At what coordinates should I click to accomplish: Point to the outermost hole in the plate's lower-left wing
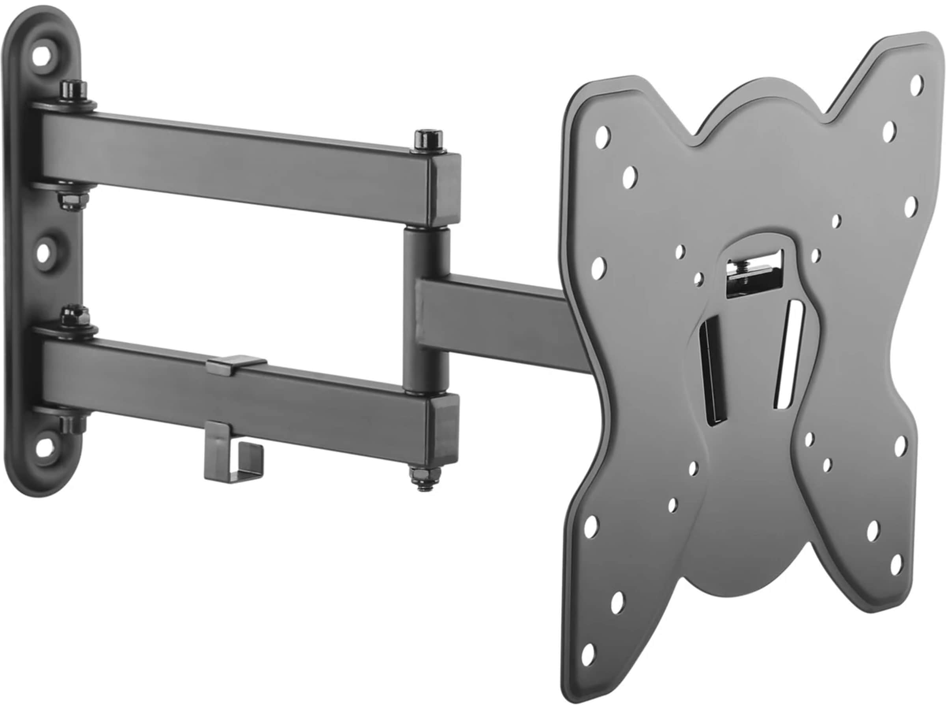589,653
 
